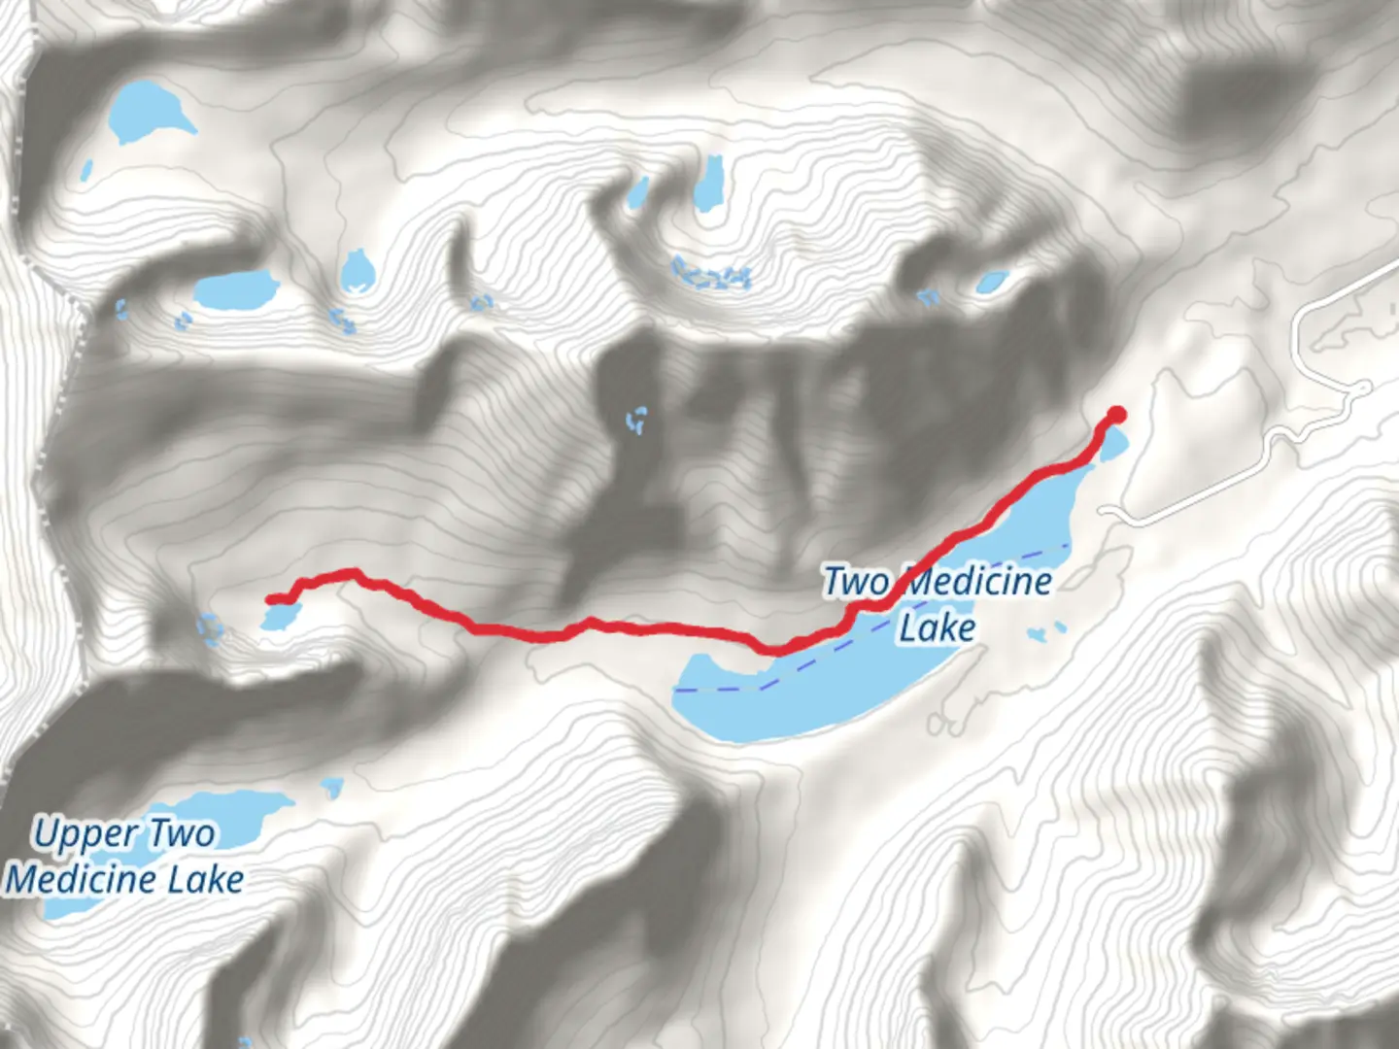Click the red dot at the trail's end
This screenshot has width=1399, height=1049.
(x=1116, y=416)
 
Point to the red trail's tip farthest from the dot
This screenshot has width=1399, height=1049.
(x=271, y=599)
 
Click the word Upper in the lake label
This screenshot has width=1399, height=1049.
(x=85, y=833)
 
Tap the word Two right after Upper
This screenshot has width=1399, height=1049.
(x=182, y=833)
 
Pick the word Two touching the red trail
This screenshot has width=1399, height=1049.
(x=856, y=582)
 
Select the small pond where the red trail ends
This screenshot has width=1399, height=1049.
(x=279, y=617)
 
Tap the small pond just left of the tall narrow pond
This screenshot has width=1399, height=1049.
(x=637, y=192)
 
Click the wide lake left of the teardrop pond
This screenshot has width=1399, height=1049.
(x=236, y=288)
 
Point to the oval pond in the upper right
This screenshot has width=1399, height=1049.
(x=991, y=282)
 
